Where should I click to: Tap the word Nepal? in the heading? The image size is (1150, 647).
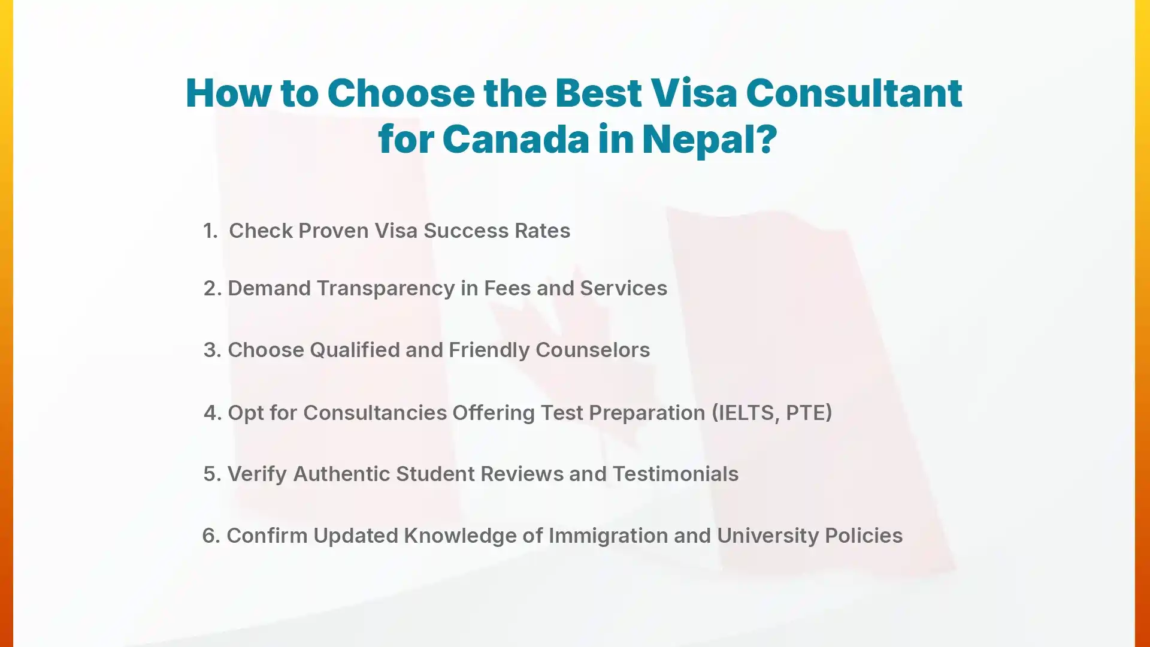tap(709, 139)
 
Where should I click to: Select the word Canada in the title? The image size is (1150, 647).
tap(515, 139)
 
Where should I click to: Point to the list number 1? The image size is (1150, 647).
tap(210, 231)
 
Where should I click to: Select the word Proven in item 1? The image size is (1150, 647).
tap(333, 231)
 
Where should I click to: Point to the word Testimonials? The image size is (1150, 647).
tap(676, 474)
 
